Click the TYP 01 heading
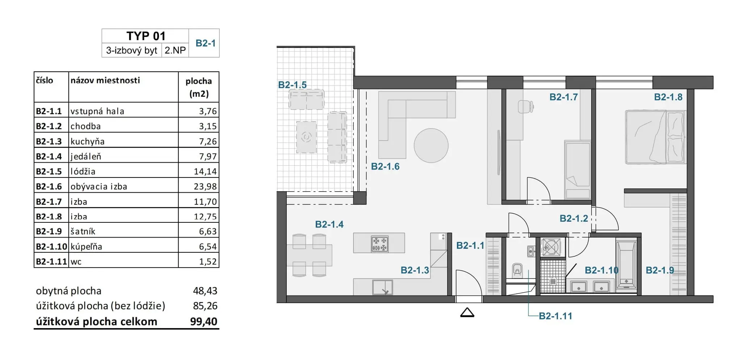point(146,36)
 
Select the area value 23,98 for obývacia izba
point(205,187)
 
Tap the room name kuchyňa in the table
point(87,141)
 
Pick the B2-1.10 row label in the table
point(51,247)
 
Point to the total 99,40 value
point(203,322)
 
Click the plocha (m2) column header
point(199,87)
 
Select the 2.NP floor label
point(175,50)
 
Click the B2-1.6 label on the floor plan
point(385,167)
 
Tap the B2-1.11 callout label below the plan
point(555,316)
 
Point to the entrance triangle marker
point(467,313)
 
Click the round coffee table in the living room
point(431,146)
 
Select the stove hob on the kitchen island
point(379,244)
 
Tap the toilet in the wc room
point(517,270)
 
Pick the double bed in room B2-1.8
point(656,137)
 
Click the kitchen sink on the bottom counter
point(383,288)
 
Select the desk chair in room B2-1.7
point(526,106)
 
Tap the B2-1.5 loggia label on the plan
point(292,85)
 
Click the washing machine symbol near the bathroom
point(551,247)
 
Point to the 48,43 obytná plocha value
point(205,291)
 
